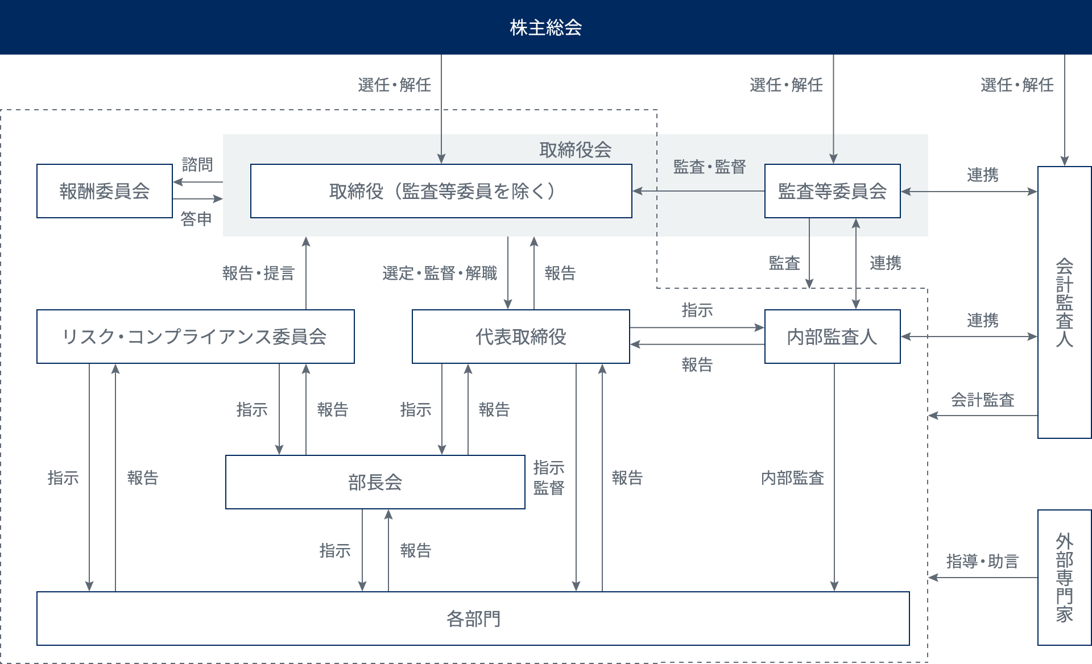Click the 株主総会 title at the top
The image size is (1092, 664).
click(545, 27)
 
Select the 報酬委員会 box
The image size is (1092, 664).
click(105, 191)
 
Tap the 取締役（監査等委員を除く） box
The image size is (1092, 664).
click(441, 191)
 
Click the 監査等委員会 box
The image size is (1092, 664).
click(832, 191)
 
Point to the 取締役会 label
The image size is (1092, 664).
click(575, 150)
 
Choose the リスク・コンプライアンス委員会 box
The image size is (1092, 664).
click(195, 337)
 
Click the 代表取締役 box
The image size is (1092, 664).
click(520, 337)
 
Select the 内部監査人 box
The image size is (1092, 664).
click(832, 337)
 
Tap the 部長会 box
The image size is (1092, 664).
click(375, 482)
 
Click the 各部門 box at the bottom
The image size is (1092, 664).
click(473, 619)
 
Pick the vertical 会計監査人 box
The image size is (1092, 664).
click(1064, 302)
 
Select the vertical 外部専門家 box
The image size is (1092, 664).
click(1064, 577)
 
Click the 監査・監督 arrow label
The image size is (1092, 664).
click(709, 167)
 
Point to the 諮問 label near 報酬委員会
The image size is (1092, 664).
click(197, 165)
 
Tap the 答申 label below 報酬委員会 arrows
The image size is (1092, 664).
click(196, 219)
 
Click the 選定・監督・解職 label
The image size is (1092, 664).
click(440, 273)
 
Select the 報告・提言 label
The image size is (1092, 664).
click(258, 273)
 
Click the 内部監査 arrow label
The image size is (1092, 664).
click(792, 478)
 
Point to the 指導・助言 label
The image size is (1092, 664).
click(982, 562)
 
